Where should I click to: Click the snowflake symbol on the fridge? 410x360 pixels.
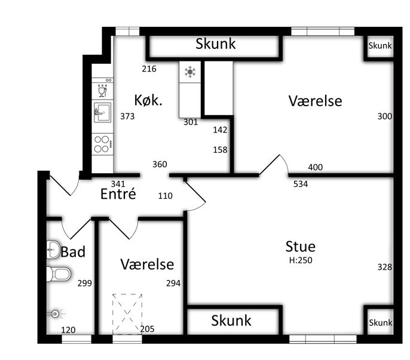(190, 72)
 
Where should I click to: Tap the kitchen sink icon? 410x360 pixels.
(103, 113)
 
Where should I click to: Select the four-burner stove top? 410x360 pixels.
(103, 144)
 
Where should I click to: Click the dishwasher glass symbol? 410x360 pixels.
(102, 90)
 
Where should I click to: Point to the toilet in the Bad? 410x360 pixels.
(59, 274)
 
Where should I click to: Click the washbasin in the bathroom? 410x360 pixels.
(53, 250)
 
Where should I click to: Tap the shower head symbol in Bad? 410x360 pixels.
(55, 313)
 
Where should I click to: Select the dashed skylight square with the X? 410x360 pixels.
(127, 314)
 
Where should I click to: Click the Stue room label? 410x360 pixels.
(301, 247)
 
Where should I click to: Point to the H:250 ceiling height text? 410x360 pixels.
(301, 260)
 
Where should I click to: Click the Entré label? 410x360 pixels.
(118, 194)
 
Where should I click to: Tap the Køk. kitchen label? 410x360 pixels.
(148, 100)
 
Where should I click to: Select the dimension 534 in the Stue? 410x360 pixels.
(301, 184)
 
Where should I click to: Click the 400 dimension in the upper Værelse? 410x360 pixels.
(316, 167)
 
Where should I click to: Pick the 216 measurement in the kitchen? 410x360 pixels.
(149, 69)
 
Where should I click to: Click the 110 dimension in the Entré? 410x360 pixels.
(165, 196)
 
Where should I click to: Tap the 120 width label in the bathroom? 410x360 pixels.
(68, 330)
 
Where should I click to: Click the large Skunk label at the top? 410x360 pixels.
(215, 44)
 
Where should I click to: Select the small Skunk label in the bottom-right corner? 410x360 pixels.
(381, 322)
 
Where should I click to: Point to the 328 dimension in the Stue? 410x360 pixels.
(385, 267)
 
